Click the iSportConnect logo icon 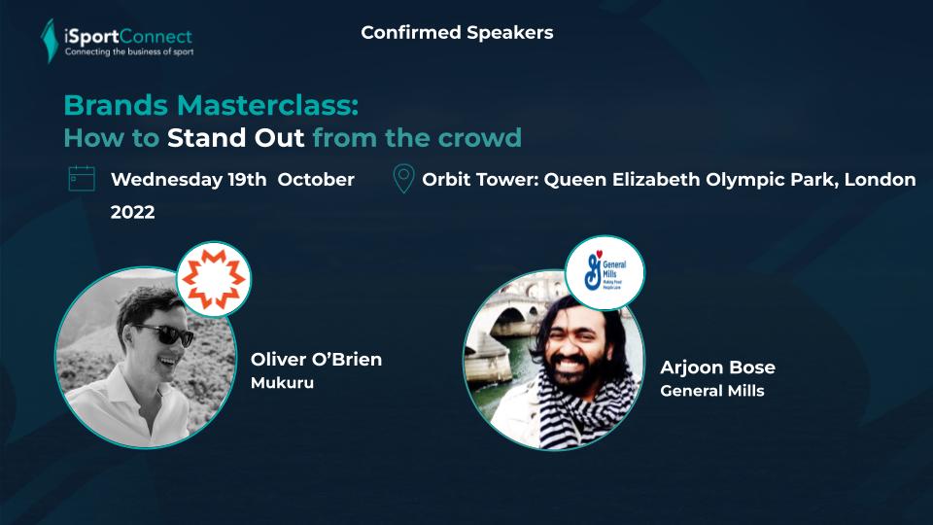tap(49, 41)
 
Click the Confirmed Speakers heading tap(457, 32)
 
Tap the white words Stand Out tap(235, 137)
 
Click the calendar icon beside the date tap(82, 179)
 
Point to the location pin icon tap(403, 179)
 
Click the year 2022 tap(133, 212)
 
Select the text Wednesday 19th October tap(232, 180)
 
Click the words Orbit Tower tap(477, 179)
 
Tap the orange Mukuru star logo tap(214, 279)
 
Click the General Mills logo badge tap(605, 272)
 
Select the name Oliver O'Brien tap(316, 359)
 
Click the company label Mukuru tap(282, 382)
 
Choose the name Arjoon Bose tap(717, 367)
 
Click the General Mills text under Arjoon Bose tap(712, 391)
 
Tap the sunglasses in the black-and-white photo tap(165, 333)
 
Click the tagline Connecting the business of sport tap(129, 52)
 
